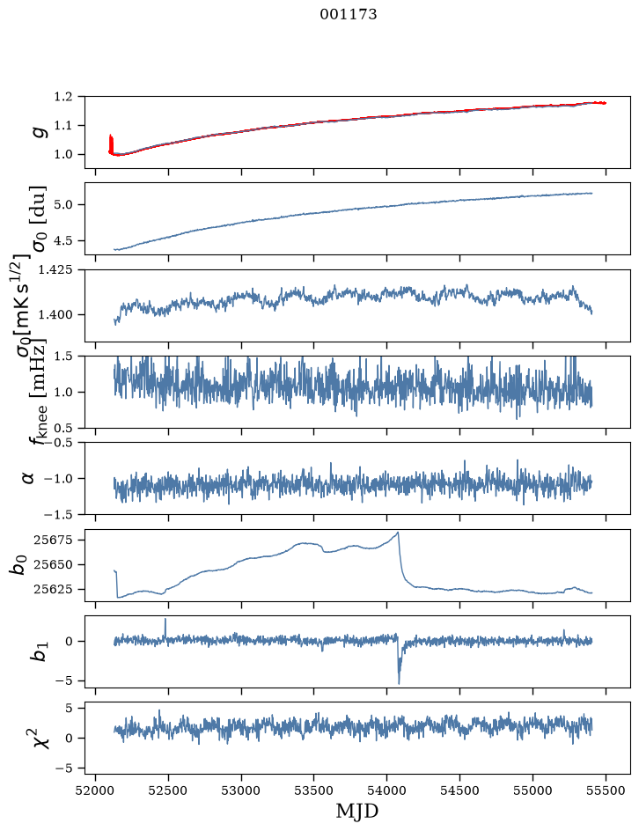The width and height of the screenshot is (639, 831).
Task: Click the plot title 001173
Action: point(349,14)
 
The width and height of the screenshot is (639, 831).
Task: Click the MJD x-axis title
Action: point(357,812)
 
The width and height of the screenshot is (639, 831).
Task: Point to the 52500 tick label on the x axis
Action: point(168,791)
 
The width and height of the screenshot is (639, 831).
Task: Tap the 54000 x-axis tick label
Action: point(386,791)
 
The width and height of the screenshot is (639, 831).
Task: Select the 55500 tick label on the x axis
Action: point(606,791)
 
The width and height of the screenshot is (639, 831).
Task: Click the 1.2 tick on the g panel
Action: point(62,97)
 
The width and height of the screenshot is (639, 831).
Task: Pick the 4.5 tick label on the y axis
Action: point(62,240)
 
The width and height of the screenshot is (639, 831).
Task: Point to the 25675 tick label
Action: point(53,540)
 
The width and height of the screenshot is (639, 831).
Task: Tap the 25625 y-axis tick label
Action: point(53,589)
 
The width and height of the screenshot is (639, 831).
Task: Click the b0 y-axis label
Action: point(18,565)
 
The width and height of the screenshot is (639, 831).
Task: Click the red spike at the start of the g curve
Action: point(111,143)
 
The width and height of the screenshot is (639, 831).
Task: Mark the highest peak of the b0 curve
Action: point(398,532)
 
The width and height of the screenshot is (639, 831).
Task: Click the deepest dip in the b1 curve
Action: point(399,683)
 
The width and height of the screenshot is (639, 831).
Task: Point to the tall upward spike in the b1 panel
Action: point(165,619)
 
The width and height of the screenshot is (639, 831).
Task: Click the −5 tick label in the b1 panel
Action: point(66,681)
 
